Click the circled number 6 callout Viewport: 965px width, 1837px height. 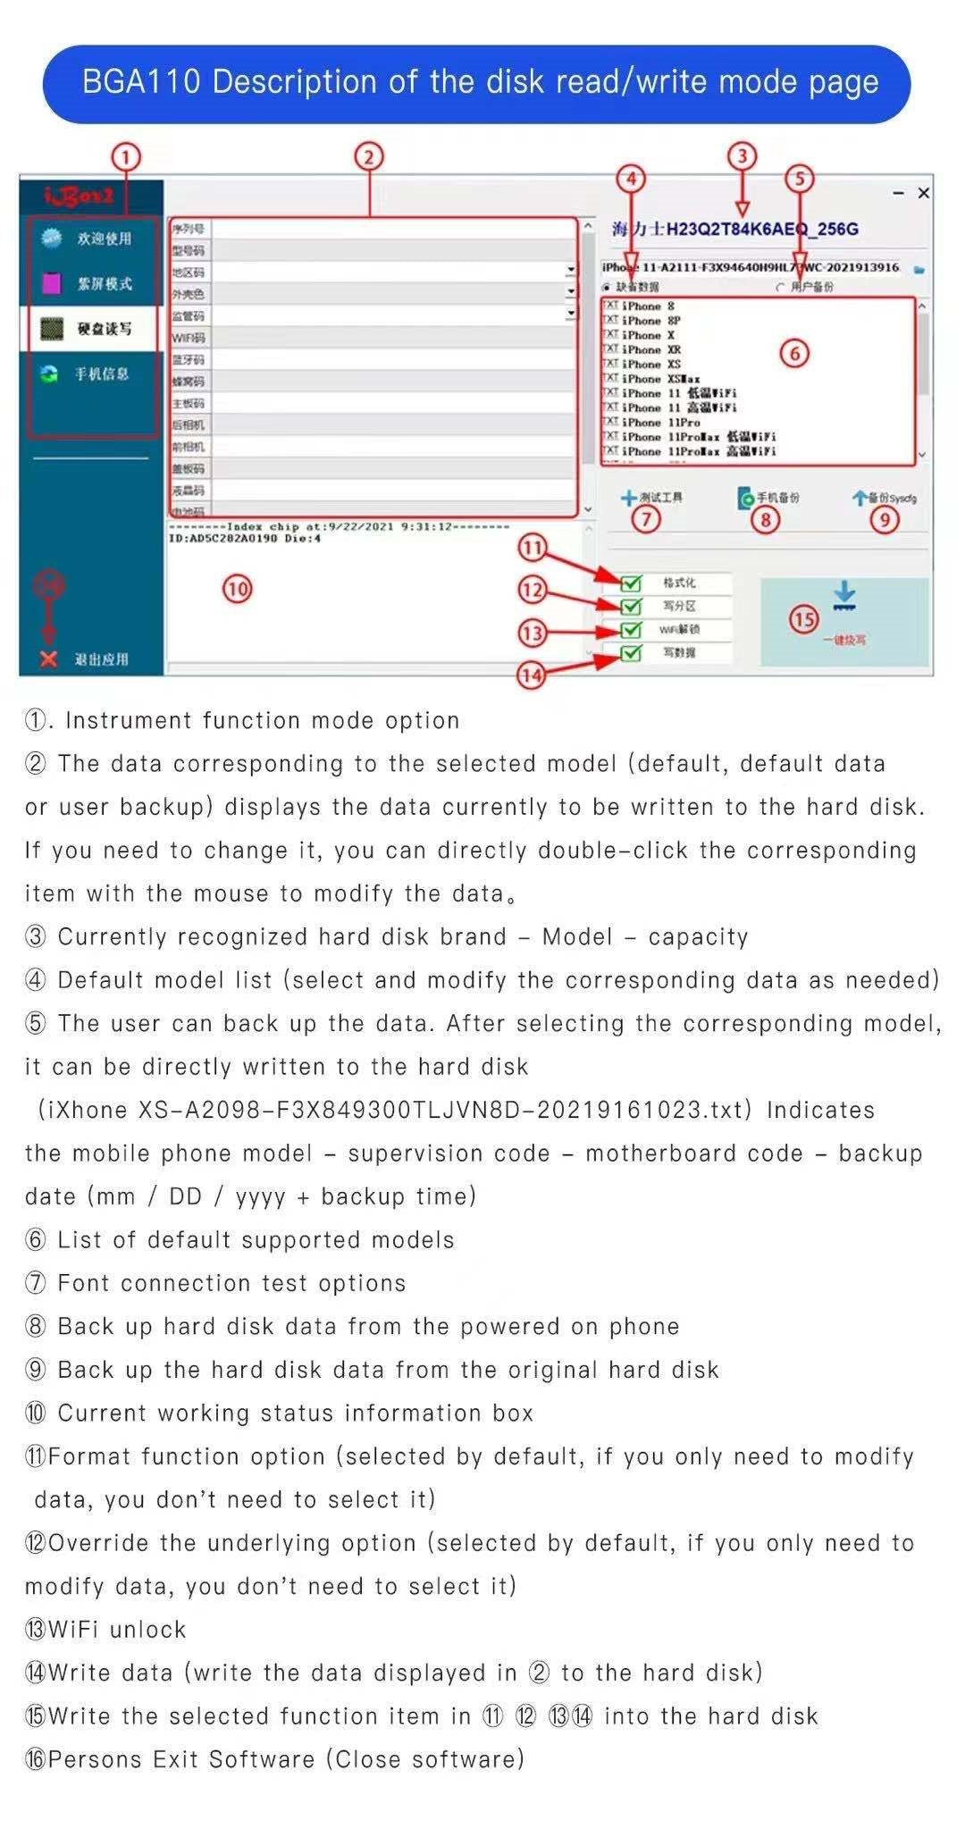click(794, 354)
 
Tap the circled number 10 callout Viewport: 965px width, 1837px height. click(237, 589)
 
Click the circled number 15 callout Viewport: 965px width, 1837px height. click(804, 618)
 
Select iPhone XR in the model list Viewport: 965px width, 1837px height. click(651, 349)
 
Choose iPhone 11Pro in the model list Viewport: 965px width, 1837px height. click(660, 422)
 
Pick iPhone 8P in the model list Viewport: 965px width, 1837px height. click(651, 320)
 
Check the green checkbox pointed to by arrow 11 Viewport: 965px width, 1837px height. click(631, 583)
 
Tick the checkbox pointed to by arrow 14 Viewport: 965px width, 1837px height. click(631, 653)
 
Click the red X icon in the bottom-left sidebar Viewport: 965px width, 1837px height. click(48, 659)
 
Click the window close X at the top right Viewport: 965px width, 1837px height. click(924, 193)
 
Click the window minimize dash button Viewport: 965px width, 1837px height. click(899, 193)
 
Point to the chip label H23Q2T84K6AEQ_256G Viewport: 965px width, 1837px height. click(762, 230)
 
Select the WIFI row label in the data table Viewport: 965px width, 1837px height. click(189, 338)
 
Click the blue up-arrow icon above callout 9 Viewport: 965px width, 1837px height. click(859, 498)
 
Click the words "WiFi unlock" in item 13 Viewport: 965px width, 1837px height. click(117, 1630)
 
